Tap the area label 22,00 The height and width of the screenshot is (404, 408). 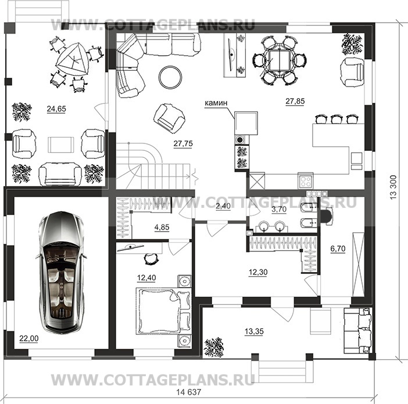click(x=29, y=338)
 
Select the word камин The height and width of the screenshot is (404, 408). click(x=216, y=103)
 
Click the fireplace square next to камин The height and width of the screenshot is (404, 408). click(x=246, y=123)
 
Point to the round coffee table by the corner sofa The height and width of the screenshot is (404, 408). click(x=170, y=77)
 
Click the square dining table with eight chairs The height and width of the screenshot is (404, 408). click(x=278, y=61)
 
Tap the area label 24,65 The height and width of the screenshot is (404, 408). click(x=56, y=109)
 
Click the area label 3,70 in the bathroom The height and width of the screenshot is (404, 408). click(x=279, y=209)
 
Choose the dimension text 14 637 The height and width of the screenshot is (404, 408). click(x=189, y=392)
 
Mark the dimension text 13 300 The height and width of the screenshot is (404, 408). click(x=393, y=187)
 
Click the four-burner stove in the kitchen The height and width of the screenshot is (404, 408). click(x=305, y=181)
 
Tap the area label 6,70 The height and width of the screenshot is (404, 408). click(x=338, y=248)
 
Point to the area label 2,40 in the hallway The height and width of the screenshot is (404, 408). click(x=223, y=206)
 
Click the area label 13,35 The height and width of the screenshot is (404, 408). click(x=254, y=331)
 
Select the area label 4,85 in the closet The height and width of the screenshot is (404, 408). click(x=162, y=228)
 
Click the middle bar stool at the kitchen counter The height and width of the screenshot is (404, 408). click(x=336, y=119)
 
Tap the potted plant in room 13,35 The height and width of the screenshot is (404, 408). click(x=214, y=347)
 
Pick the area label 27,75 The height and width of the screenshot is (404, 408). click(x=183, y=143)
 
